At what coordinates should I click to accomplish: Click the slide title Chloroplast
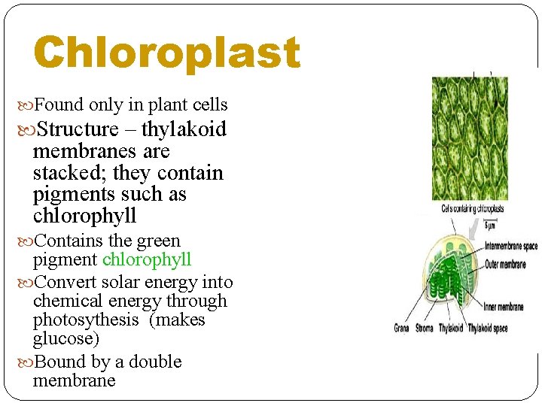pos(166,53)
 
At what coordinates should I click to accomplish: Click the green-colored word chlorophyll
pos(147,260)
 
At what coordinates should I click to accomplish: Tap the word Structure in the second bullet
pos(77,129)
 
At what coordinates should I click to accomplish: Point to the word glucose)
pos(66,339)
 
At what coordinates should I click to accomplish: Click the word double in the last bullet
pos(156,362)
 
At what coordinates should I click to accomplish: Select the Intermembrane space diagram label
pos(511,246)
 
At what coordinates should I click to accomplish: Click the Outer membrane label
pos(505,264)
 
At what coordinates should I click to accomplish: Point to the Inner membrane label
pos(504,307)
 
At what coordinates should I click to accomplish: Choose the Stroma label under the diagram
pos(425,329)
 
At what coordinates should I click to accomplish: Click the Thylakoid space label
pos(488,329)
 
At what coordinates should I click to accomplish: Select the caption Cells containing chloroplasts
pos(473,209)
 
